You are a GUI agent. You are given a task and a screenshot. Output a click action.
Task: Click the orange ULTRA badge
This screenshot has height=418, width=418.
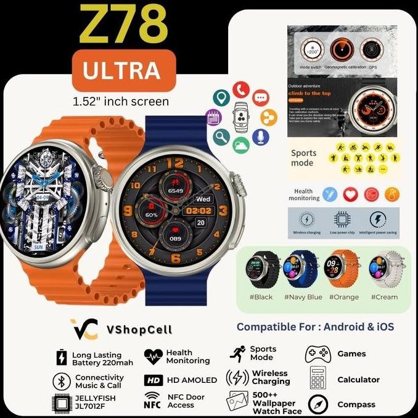click(x=123, y=71)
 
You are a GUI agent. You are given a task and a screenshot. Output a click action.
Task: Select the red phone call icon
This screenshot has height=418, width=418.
click(x=240, y=90)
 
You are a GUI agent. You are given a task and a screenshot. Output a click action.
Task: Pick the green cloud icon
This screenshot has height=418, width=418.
click(x=242, y=145)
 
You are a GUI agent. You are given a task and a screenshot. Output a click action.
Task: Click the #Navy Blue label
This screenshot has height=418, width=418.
click(x=303, y=297)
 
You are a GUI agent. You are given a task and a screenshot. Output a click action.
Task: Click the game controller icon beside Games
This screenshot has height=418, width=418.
click(x=318, y=354)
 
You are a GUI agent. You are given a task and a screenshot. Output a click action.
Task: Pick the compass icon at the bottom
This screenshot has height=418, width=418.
click(x=319, y=404)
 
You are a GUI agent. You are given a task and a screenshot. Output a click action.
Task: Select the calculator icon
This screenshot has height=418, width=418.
click(x=318, y=379)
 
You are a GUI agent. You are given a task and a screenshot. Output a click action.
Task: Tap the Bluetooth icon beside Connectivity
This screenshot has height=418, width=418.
click(x=61, y=380)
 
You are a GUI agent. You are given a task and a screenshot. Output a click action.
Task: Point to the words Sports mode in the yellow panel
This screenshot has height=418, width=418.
click(x=304, y=158)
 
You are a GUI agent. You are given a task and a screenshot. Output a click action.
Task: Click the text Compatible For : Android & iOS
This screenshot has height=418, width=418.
click(x=315, y=327)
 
